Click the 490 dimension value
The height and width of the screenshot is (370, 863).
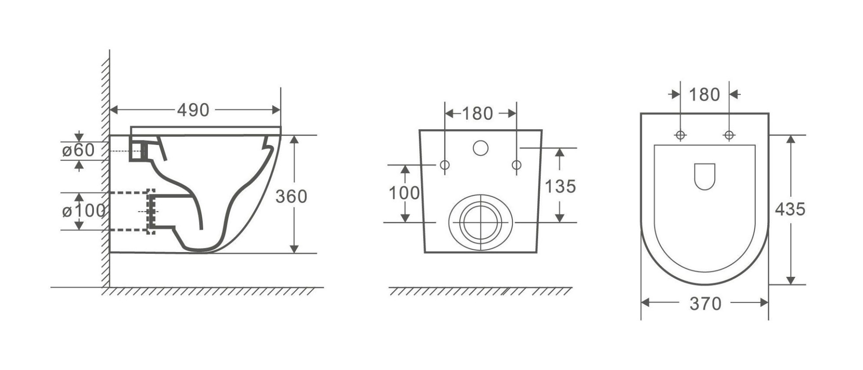pos(193,110)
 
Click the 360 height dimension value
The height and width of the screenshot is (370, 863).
pos(291,196)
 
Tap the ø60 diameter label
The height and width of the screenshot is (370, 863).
pos(79,150)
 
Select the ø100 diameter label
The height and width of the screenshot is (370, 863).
pos(84,210)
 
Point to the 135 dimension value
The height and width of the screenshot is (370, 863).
pos(560,186)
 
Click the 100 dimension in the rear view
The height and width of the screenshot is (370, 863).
pos(404,193)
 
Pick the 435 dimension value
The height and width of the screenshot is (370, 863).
pos(790,209)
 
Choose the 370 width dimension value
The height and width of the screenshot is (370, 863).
pos(705,304)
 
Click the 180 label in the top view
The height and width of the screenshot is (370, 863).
pos(704,95)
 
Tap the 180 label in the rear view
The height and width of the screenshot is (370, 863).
pos(477,113)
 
